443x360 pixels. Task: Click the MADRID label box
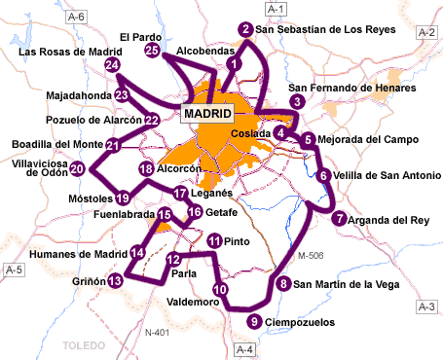206,114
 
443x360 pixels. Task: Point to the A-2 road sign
425,32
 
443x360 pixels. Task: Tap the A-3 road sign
425,306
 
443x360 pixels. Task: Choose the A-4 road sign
245,348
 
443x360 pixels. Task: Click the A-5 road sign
14,269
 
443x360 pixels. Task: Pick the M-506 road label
309,257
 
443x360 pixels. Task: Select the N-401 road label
157,333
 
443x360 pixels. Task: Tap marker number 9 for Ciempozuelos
254,322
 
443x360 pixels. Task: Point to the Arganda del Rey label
389,220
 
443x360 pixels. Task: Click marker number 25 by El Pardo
152,50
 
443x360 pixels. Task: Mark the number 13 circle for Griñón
116,281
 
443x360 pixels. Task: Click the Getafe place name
222,212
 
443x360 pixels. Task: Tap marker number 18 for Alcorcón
146,169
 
